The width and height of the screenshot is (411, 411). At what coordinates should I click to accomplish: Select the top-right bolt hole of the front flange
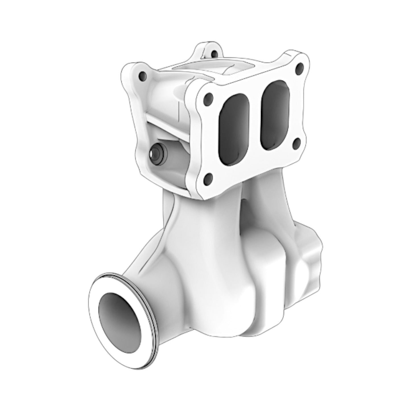tap(299, 68)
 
